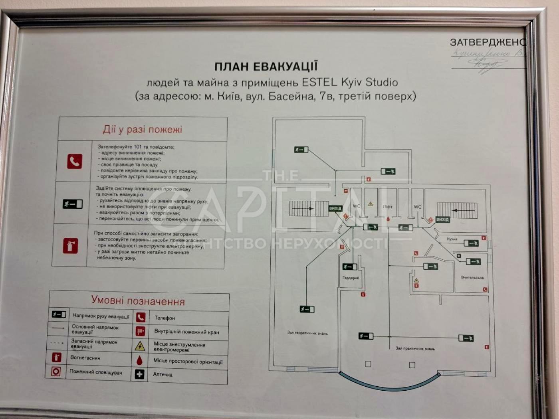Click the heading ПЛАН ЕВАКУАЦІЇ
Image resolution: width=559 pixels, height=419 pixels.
pos(266,66)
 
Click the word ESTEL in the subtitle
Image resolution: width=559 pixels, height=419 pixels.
pos(320,83)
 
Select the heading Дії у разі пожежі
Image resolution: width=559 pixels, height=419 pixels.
pos(142,129)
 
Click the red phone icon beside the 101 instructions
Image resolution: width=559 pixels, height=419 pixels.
pos(75,161)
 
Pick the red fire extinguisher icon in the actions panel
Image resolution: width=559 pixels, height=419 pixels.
pos(70,246)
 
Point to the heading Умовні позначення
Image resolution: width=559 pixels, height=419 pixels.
pos(138,300)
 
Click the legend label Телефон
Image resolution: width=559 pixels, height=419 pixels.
pos(165,318)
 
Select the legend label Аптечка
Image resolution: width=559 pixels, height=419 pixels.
pos(163,374)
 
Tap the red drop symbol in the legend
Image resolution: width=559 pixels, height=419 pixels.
pos(139,360)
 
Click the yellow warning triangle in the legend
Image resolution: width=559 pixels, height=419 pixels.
pos(140,346)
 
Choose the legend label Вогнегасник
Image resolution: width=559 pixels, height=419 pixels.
pos(85,358)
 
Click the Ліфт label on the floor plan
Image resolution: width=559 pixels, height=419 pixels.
pos(388,207)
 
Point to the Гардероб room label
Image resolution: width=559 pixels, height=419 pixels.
pos(351,278)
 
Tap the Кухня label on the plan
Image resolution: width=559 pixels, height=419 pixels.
pos(452,239)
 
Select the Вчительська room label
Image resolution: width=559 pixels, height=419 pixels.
pos(472,277)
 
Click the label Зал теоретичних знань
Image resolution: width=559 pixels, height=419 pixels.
pos(307,333)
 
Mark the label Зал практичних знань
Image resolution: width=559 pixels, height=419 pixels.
pos(415,348)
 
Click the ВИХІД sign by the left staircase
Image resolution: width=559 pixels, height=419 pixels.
pos(335,208)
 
